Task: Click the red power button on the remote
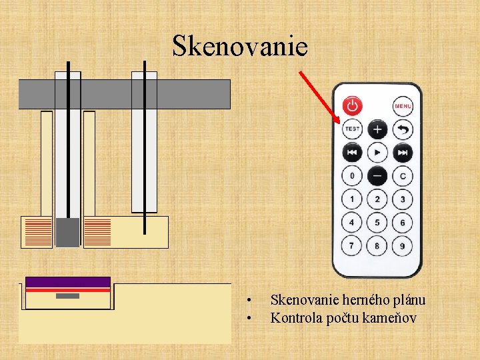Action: [353, 105]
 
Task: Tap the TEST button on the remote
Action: [352, 129]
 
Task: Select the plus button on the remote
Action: [377, 129]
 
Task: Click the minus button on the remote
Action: [377, 176]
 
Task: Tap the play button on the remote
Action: [377, 153]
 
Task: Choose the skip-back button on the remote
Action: [352, 153]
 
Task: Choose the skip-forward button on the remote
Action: [403, 153]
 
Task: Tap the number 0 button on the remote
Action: [352, 176]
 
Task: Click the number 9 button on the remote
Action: [403, 246]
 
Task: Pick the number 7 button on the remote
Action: [352, 246]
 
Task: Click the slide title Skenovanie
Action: [240, 46]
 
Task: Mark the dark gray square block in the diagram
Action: [67, 231]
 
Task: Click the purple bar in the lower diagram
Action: [67, 282]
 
